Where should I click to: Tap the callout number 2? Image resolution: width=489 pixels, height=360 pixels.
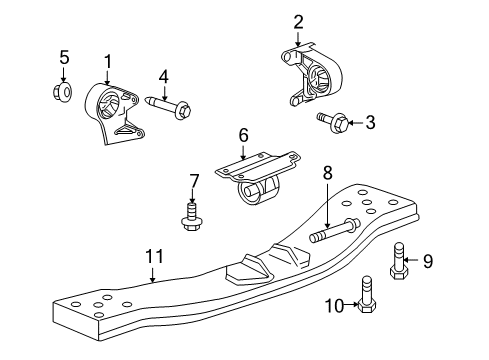tap(297, 21)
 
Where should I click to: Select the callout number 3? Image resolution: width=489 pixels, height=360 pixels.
tap(369, 123)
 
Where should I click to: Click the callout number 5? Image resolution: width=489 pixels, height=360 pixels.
tap(65, 57)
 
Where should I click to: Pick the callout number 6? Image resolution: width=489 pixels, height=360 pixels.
tap(242, 133)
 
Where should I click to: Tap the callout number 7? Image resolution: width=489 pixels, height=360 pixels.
tap(194, 181)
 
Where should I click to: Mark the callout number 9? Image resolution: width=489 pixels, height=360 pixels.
tap(427, 262)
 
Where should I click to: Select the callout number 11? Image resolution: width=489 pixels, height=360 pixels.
tap(152, 256)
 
